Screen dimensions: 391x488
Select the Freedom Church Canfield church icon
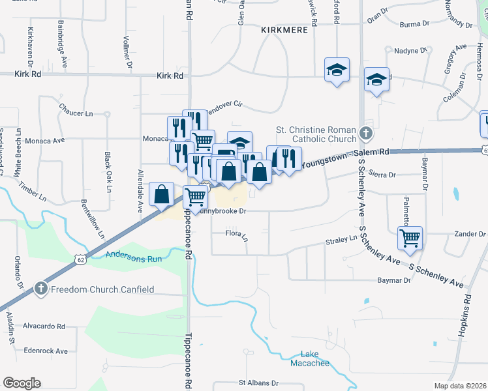(40, 289)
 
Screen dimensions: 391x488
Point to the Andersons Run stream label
(133, 256)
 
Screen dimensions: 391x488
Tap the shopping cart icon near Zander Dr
(410, 239)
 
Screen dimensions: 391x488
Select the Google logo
(22, 383)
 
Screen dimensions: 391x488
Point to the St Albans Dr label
(258, 383)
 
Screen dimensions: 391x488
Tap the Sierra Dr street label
(383, 175)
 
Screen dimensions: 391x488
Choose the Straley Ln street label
(341, 240)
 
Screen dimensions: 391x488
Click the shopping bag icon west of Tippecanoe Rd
(161, 194)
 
